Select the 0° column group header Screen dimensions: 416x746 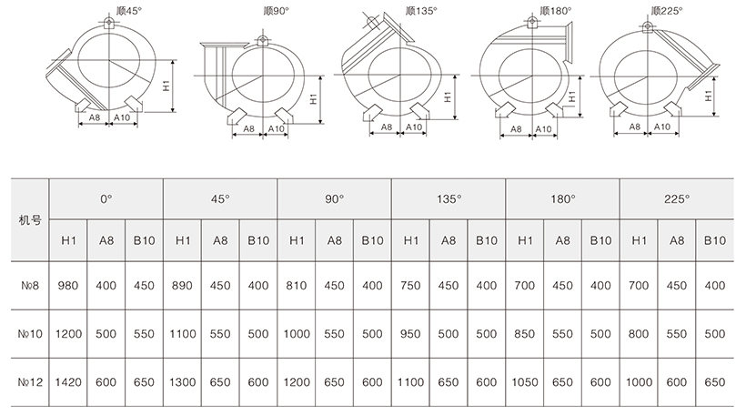[x=106, y=198]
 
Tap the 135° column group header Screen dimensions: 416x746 [x=448, y=198]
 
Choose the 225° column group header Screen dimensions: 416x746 [x=676, y=198]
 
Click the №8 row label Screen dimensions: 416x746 [x=27, y=286]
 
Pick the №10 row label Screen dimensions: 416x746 [x=27, y=334]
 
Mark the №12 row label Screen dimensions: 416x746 [x=27, y=385]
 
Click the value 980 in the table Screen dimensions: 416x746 [x=68, y=286]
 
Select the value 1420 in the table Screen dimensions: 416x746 [x=68, y=385]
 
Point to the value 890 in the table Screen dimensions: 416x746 [x=182, y=286]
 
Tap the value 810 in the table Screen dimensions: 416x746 [x=297, y=286]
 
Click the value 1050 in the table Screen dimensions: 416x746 [x=524, y=385]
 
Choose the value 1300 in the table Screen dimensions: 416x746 [x=182, y=385]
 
